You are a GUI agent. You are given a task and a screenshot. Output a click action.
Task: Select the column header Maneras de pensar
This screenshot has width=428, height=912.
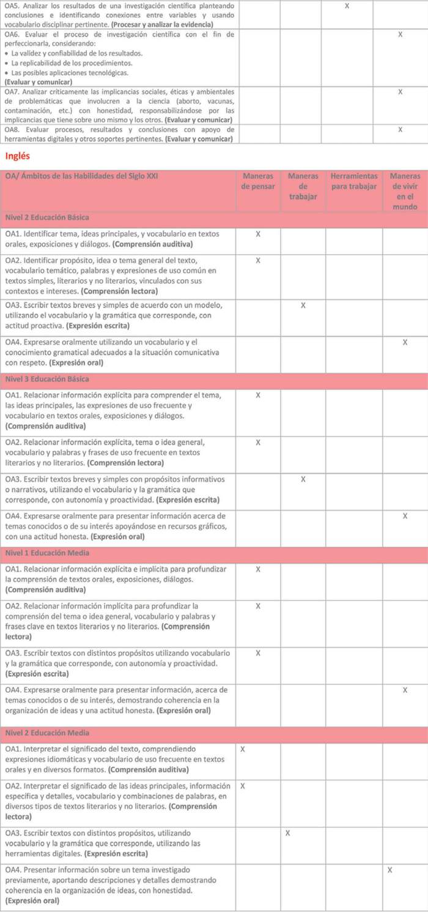(x=257, y=181)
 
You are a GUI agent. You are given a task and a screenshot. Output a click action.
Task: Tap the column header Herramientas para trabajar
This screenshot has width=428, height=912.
(x=354, y=181)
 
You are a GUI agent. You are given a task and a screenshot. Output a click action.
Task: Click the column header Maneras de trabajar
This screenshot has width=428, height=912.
(x=303, y=186)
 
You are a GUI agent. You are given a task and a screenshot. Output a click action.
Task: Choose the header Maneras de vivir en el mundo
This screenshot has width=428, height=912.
(x=405, y=191)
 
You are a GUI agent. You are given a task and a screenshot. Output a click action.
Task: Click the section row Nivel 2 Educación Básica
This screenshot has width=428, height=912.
(x=47, y=217)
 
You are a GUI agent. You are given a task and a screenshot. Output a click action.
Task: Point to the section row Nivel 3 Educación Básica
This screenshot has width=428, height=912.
(x=47, y=379)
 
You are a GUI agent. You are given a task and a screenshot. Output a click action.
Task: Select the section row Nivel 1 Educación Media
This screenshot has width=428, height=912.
(x=47, y=553)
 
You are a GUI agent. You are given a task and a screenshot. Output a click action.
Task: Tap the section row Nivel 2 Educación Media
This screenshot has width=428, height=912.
(x=47, y=733)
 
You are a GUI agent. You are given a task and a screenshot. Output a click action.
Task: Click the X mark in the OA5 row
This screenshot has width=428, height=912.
(x=347, y=6)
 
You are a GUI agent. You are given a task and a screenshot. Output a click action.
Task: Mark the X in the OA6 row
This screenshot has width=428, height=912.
(x=400, y=34)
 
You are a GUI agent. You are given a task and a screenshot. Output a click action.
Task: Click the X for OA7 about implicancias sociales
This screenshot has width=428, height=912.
(x=400, y=92)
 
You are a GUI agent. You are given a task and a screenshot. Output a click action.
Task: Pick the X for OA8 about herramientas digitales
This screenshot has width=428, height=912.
(x=400, y=130)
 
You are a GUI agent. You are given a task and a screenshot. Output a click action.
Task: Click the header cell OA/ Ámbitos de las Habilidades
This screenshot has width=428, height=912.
(x=81, y=176)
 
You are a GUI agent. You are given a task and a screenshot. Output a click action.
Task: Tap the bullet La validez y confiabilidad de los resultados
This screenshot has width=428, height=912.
(x=76, y=54)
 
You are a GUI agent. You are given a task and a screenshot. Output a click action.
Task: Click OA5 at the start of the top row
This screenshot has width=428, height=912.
(x=12, y=6)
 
